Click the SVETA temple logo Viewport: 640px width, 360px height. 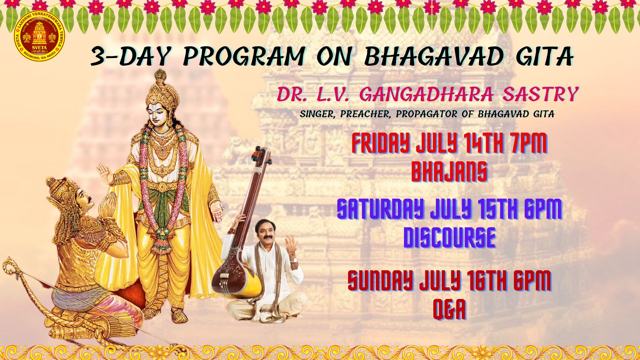click(x=39, y=37)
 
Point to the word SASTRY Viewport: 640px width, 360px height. click(x=540, y=94)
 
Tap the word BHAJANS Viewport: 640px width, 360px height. click(x=449, y=172)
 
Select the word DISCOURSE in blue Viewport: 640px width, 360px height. click(x=449, y=237)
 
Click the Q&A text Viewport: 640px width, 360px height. click(x=449, y=309)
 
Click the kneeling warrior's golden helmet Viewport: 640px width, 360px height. click(x=63, y=193)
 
